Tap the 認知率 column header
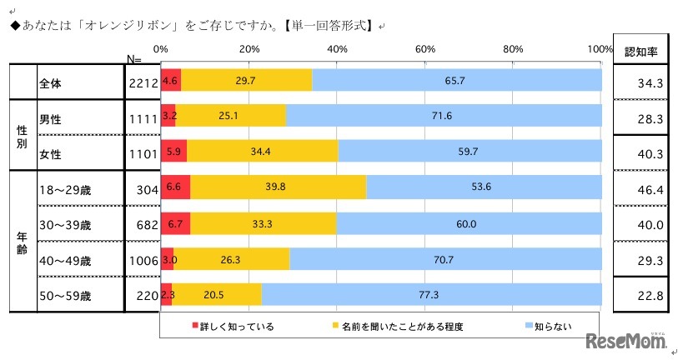pos(640,51)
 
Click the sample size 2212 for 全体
pos(143,82)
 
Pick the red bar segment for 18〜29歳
pos(175,187)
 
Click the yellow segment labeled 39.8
pos(278,187)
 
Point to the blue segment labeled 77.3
pos(431,295)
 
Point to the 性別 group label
pos(23,136)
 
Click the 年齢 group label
pos(23,242)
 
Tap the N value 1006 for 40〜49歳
pos(143,260)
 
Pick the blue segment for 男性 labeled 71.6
pos(443,116)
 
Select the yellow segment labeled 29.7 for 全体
pos(246,81)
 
